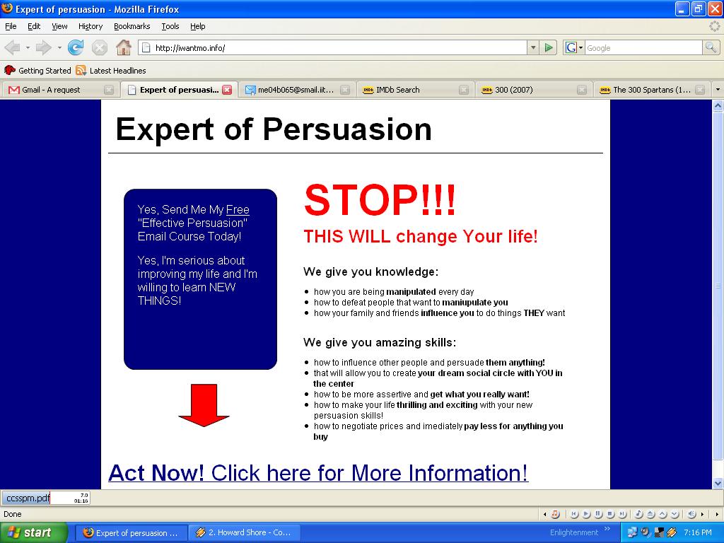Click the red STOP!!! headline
click(x=380, y=200)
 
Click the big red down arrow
click(x=204, y=405)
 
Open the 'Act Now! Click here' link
click(x=318, y=473)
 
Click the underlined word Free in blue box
click(x=238, y=209)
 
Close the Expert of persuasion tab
click(x=227, y=90)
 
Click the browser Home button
click(x=123, y=47)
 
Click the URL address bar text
click(x=190, y=48)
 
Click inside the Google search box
click(x=643, y=48)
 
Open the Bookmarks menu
click(x=132, y=26)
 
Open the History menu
click(x=90, y=26)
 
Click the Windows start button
click(x=34, y=532)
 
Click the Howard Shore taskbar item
click(x=245, y=532)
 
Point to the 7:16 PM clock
click(x=698, y=532)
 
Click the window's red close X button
click(x=714, y=8)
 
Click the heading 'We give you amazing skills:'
click(x=380, y=343)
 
